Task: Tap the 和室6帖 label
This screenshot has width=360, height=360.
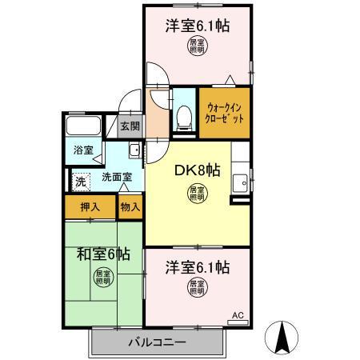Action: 103,254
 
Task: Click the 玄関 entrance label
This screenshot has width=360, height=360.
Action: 130,126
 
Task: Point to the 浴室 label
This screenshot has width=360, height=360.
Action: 83,150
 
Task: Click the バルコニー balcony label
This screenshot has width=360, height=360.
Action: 157,342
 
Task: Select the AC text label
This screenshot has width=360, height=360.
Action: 237,314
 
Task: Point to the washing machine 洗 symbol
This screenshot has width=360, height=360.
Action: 80,182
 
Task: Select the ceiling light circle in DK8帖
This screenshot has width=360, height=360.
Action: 196,193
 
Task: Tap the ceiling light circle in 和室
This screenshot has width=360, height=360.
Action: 103,279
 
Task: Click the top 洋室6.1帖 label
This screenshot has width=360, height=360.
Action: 197,26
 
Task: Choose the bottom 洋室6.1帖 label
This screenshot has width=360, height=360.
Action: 197,265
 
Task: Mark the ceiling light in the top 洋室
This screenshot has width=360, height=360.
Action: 197,46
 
